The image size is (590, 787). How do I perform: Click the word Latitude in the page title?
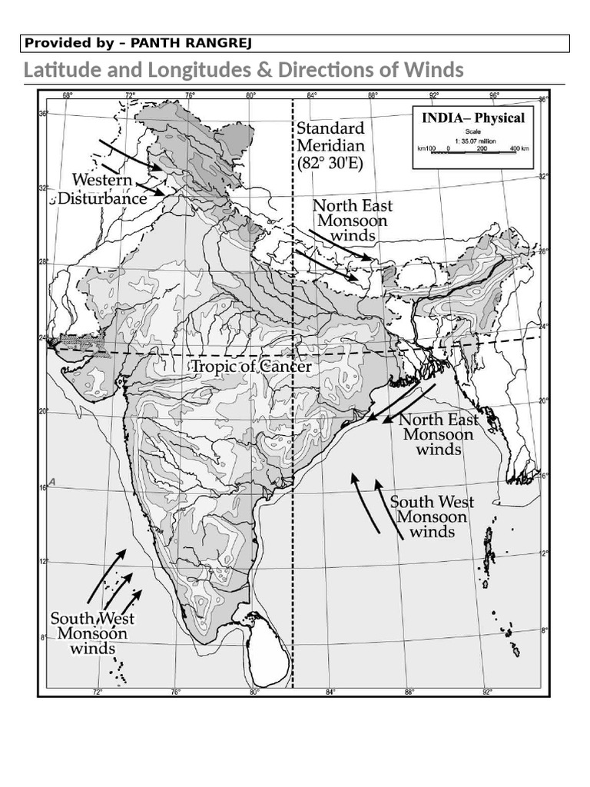click(x=60, y=71)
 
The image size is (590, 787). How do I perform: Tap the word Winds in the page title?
click(x=435, y=71)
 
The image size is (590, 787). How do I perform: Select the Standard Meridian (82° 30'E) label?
click(x=330, y=145)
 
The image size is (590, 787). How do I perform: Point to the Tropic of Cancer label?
click(x=251, y=367)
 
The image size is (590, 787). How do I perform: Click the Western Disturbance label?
click(x=108, y=189)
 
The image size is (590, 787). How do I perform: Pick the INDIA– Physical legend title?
click(x=472, y=118)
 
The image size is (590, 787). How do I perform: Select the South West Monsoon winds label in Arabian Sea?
click(x=92, y=633)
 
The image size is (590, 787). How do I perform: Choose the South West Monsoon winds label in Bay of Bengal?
click(x=432, y=516)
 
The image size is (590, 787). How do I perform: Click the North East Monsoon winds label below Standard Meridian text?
click(x=353, y=220)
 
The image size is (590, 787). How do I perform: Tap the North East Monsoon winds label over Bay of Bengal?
click(x=438, y=434)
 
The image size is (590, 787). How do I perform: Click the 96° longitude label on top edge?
click(x=494, y=96)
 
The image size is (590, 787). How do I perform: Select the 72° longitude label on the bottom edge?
click(x=98, y=692)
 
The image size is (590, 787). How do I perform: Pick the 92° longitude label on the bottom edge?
click(x=487, y=692)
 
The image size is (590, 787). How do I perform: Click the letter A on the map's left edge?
click(x=51, y=481)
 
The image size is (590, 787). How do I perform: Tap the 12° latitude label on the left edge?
click(x=44, y=562)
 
